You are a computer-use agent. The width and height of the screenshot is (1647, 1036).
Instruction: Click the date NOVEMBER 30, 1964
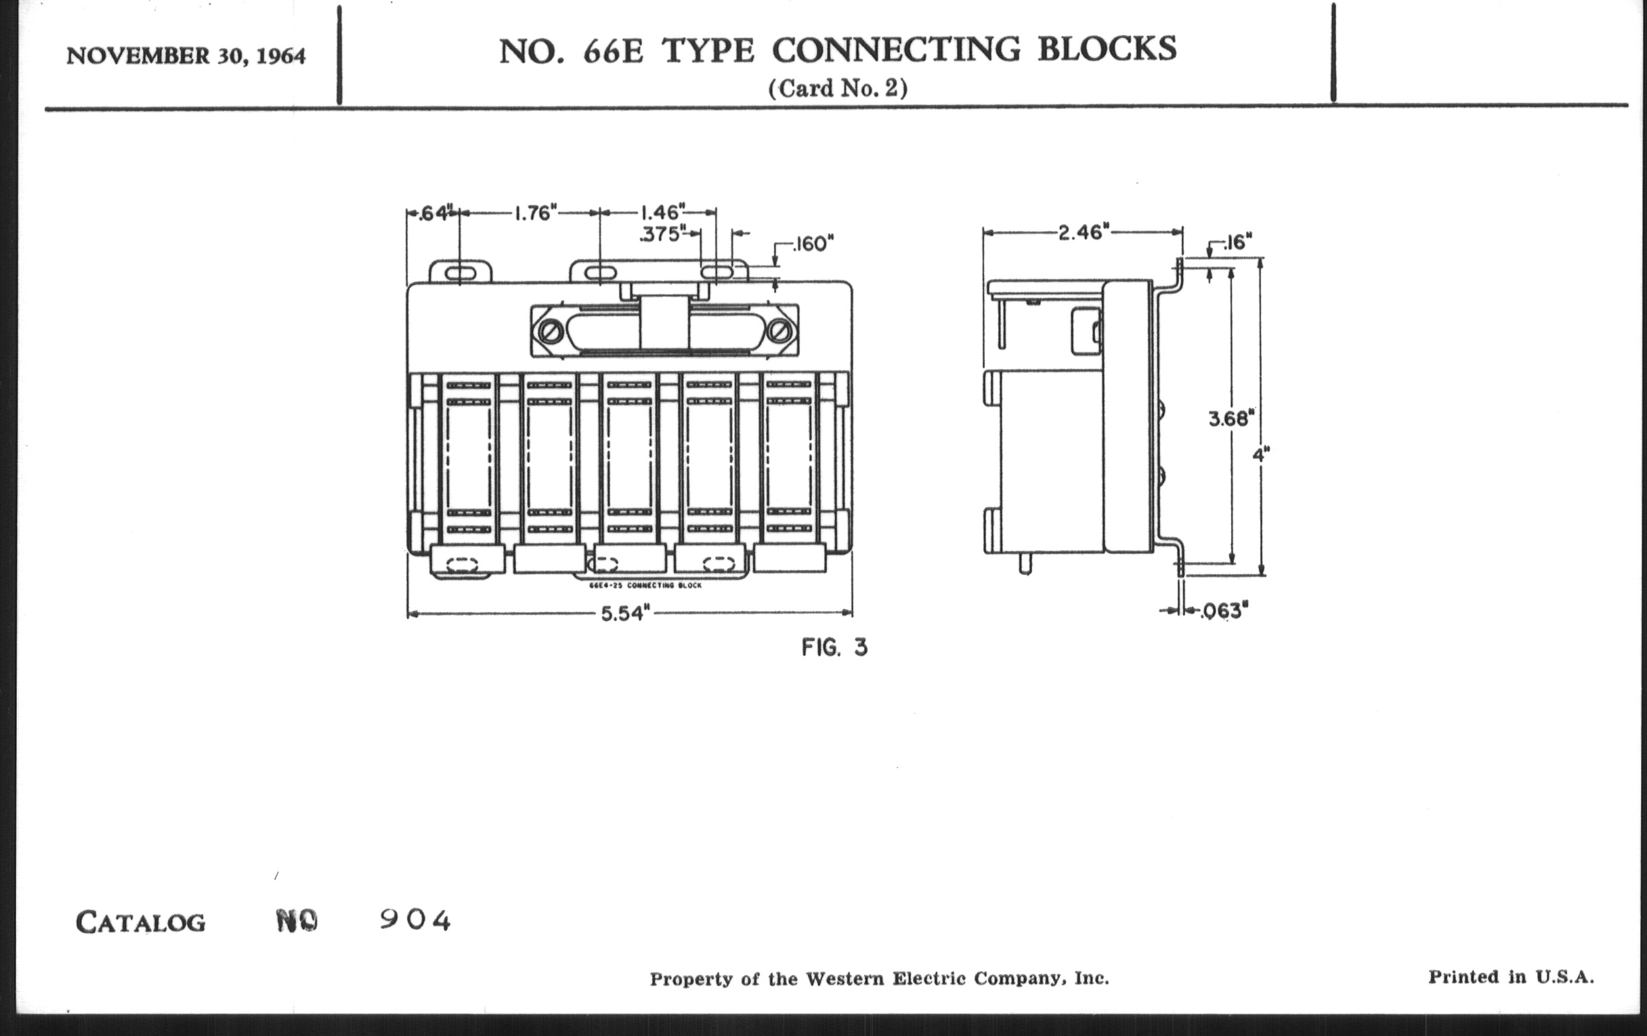tap(186, 56)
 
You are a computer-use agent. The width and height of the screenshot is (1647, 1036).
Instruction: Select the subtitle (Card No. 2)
tap(838, 89)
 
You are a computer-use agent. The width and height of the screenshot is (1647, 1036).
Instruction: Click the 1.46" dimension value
tap(662, 212)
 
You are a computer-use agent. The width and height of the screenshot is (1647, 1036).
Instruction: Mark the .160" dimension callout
tap(813, 244)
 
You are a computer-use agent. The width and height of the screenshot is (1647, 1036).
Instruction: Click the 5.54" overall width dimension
tap(622, 613)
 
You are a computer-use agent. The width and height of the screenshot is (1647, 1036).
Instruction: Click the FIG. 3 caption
tap(834, 647)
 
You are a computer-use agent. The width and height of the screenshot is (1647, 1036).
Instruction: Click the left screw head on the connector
tap(551, 332)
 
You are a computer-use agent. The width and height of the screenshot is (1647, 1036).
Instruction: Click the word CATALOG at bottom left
tap(140, 922)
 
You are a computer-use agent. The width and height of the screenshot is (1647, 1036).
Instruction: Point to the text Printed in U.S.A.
tap(1511, 976)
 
